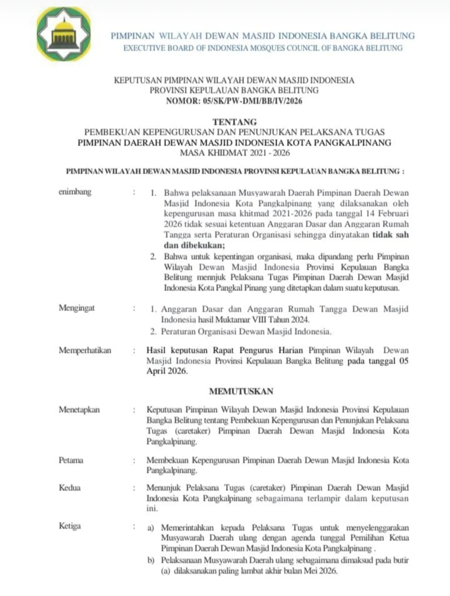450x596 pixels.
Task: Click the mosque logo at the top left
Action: coord(63,34)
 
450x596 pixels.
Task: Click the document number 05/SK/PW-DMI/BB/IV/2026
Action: coord(252,101)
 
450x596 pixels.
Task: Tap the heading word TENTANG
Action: coord(235,122)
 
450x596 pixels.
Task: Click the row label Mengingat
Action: coord(77,308)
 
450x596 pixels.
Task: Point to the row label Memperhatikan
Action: coord(85,350)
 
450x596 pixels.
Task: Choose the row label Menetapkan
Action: coord(79,409)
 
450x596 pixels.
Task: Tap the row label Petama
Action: coord(71,460)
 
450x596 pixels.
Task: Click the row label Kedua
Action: coord(70,488)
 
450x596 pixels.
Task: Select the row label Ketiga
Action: coord(70,526)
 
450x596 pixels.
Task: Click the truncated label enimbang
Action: coord(75,192)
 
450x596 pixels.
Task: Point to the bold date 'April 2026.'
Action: coord(167,371)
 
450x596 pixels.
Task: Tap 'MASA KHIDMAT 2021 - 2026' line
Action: coord(235,152)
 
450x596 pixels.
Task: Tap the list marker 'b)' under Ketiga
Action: coord(151,560)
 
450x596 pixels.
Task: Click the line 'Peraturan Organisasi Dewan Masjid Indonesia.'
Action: coord(246,332)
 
